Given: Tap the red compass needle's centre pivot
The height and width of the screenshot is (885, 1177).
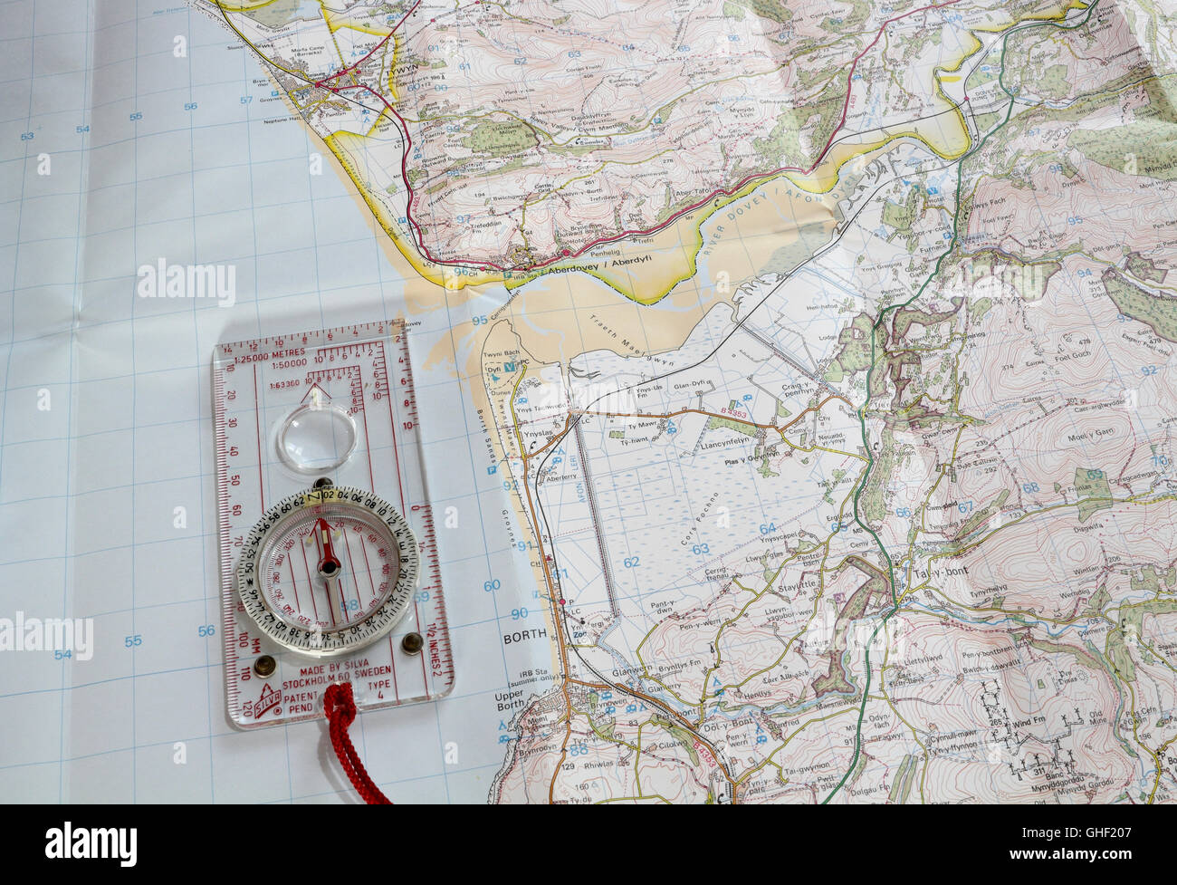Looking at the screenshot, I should [x=327, y=567].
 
